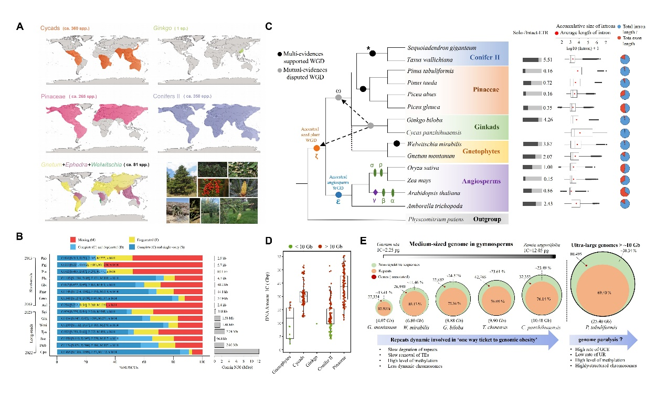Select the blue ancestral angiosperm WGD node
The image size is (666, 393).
338,195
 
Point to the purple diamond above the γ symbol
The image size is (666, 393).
374,192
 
